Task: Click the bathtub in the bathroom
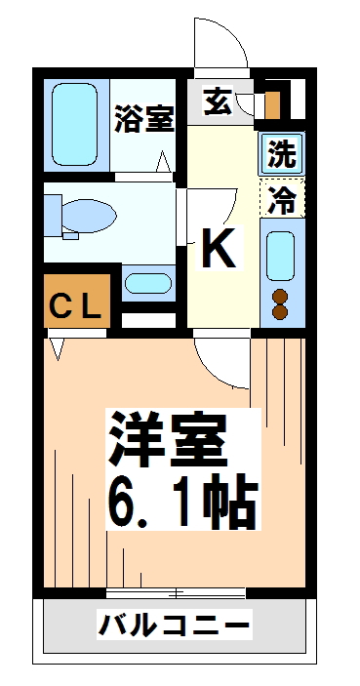(74, 124)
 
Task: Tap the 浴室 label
(144, 119)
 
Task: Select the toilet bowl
(89, 216)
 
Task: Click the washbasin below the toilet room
(148, 283)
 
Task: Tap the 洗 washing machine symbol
(282, 153)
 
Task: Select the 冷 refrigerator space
(282, 199)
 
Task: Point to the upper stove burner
(280, 297)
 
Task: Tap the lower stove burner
(280, 312)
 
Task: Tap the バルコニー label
(175, 624)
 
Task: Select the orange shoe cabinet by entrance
(272, 105)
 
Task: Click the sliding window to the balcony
(176, 593)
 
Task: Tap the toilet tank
(53, 216)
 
